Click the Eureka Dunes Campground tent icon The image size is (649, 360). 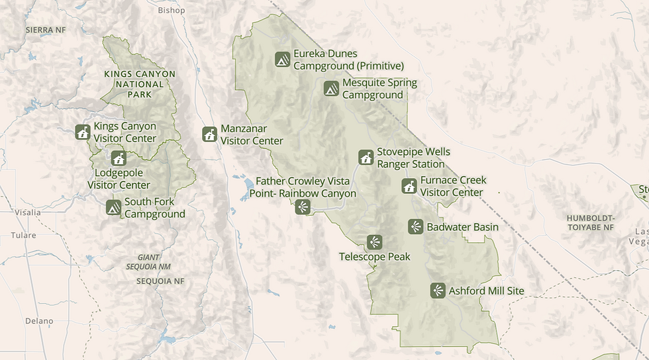[x=283, y=60]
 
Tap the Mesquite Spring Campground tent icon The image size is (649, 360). [x=332, y=88]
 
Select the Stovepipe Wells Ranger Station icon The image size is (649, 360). [x=366, y=157]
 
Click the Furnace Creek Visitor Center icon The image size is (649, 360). [x=409, y=186]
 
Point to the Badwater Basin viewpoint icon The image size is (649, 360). [x=416, y=227]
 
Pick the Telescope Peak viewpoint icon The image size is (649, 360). [x=374, y=242]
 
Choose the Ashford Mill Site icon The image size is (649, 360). [x=438, y=291]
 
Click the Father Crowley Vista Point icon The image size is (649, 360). [x=303, y=208]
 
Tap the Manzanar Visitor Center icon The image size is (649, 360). [x=210, y=134]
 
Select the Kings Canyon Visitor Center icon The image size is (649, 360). [x=83, y=132]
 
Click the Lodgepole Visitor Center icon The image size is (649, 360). [x=119, y=158]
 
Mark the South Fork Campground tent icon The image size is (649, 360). [x=113, y=208]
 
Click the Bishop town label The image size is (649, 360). [x=172, y=10]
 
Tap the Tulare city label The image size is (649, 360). [x=24, y=235]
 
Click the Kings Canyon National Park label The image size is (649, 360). [x=140, y=84]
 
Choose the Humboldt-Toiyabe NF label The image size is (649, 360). [x=591, y=222]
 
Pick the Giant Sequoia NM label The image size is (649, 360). [x=149, y=261]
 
